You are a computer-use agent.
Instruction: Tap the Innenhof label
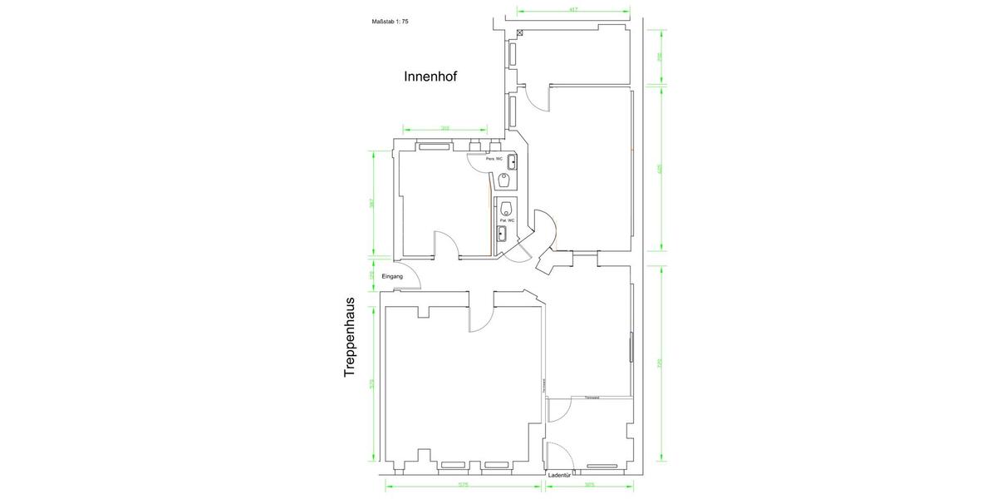430,77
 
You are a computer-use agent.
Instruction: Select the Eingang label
392,276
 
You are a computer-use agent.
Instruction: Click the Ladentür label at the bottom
558,475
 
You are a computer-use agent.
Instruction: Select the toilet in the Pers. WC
504,180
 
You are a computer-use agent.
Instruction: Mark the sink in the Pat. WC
502,234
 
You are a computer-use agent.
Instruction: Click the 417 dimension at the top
573,9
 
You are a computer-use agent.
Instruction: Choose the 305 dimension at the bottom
589,486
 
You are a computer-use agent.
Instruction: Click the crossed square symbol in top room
520,32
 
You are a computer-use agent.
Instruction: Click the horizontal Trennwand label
592,397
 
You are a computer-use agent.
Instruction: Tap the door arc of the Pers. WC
475,165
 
